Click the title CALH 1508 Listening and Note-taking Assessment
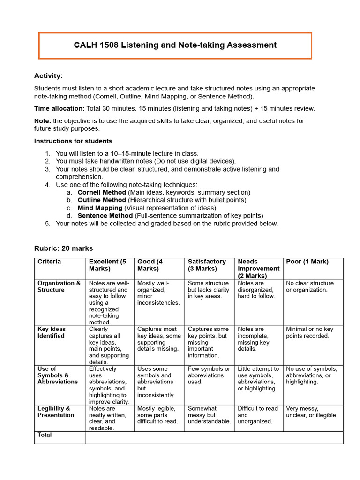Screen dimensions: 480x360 (175, 45)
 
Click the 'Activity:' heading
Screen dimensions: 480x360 (48, 76)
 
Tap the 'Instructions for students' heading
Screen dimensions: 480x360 (73, 141)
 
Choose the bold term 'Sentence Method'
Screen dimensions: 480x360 (105, 216)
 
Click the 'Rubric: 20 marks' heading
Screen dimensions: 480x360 (64, 248)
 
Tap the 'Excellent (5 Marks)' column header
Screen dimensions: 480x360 (108, 265)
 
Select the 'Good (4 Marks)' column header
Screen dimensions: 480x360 (150, 265)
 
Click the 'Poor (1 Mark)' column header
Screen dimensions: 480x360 (307, 262)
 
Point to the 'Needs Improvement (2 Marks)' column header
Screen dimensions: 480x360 (258, 269)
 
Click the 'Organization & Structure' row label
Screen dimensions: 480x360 (59, 286)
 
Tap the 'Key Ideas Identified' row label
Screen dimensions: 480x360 (51, 332)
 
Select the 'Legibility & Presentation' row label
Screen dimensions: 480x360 (56, 412)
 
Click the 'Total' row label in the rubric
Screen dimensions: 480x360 (45, 435)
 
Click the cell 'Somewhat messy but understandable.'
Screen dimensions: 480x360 (209, 415)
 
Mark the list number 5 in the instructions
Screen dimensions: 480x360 (47, 224)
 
